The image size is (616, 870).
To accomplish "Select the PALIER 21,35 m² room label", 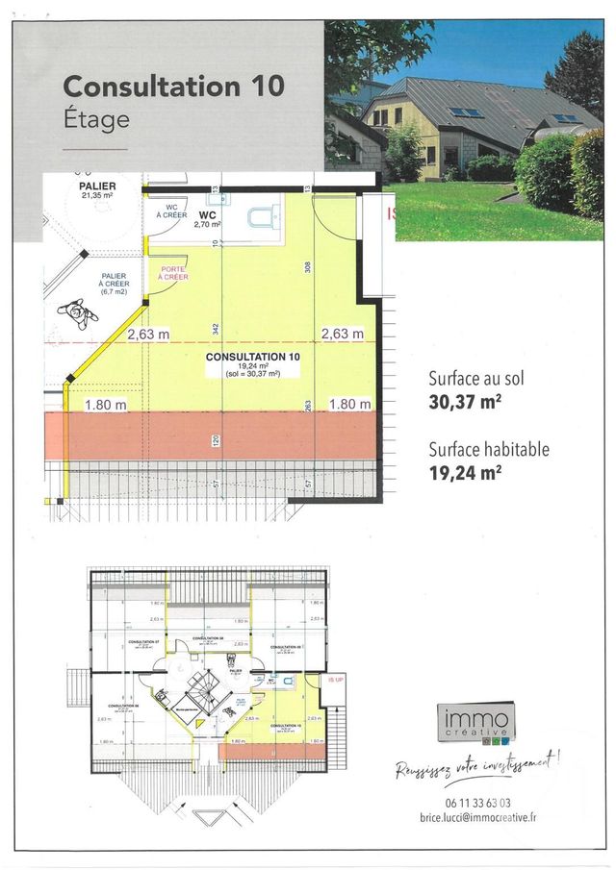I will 97,190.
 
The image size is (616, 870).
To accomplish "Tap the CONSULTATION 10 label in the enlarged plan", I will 253,357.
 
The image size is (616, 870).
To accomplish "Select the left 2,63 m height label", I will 148,335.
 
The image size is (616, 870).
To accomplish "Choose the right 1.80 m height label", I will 350,405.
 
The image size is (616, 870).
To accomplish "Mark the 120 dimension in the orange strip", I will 216,440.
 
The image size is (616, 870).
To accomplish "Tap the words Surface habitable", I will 489,448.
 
